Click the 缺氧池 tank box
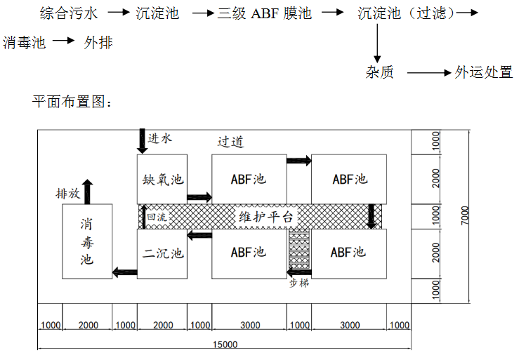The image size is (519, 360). [162, 180]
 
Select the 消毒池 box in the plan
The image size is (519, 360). [87, 241]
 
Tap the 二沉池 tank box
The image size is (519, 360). [162, 253]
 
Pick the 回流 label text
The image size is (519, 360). [157, 218]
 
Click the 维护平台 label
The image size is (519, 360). [265, 216]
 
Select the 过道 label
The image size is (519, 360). [230, 142]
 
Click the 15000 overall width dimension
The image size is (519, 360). [224, 344]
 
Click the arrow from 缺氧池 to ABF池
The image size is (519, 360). [199, 197]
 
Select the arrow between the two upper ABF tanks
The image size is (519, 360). [298, 161]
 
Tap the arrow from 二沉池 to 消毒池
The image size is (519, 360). [125, 271]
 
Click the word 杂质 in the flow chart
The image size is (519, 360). [379, 72]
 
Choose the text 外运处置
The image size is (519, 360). [484, 72]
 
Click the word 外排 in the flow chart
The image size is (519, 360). [98, 43]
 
